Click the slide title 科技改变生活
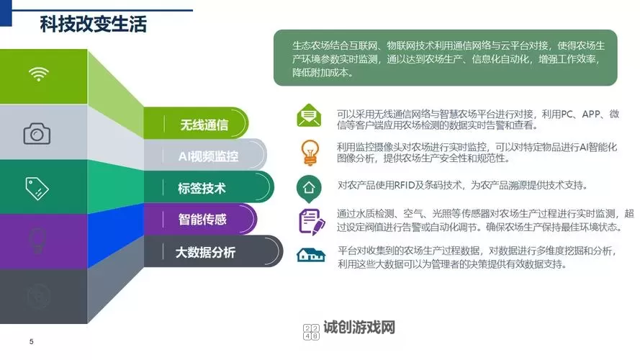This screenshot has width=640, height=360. [93, 24]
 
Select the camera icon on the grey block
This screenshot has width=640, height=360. [37, 133]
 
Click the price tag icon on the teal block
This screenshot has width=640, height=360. [37, 188]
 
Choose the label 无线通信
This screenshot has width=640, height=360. [204, 125]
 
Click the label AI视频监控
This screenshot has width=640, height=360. [208, 156]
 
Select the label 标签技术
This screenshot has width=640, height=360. [202, 189]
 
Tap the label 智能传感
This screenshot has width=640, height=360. [202, 220]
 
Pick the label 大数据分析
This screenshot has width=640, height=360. [205, 252]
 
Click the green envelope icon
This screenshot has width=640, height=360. [308, 115]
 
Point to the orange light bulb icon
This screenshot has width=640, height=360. [309, 151]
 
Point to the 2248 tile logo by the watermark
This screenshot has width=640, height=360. [312, 331]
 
